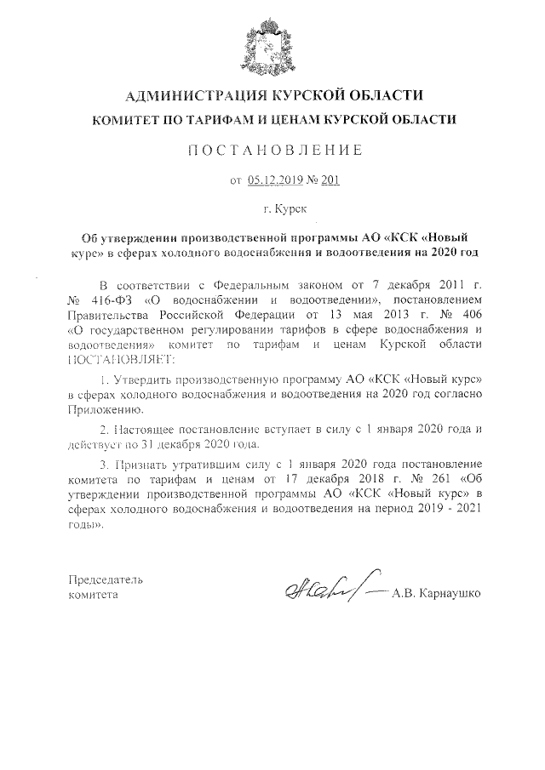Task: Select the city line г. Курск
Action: [272, 207]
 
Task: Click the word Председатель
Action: [106, 579]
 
